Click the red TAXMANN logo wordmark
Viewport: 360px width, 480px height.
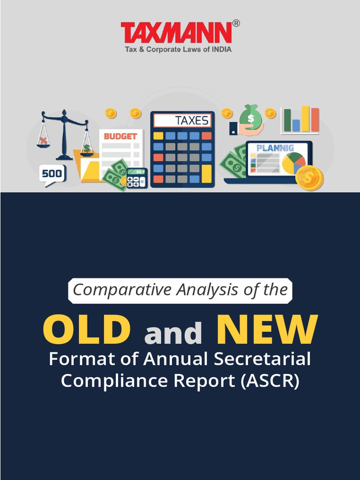176,33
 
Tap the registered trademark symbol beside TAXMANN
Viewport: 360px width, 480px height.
236,23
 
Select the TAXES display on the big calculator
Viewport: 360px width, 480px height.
183,120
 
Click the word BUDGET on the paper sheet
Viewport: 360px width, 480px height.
120,136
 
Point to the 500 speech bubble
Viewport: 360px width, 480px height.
52,174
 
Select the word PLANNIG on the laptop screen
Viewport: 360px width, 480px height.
275,148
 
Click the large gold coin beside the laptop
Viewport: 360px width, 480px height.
309,178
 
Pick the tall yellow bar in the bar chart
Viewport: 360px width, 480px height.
306,119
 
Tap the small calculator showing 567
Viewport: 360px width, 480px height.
137,178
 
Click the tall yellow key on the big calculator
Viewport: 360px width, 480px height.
206,173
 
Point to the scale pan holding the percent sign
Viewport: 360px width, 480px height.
44,142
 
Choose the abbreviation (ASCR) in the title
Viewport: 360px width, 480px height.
270,381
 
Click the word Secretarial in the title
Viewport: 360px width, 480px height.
262,359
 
